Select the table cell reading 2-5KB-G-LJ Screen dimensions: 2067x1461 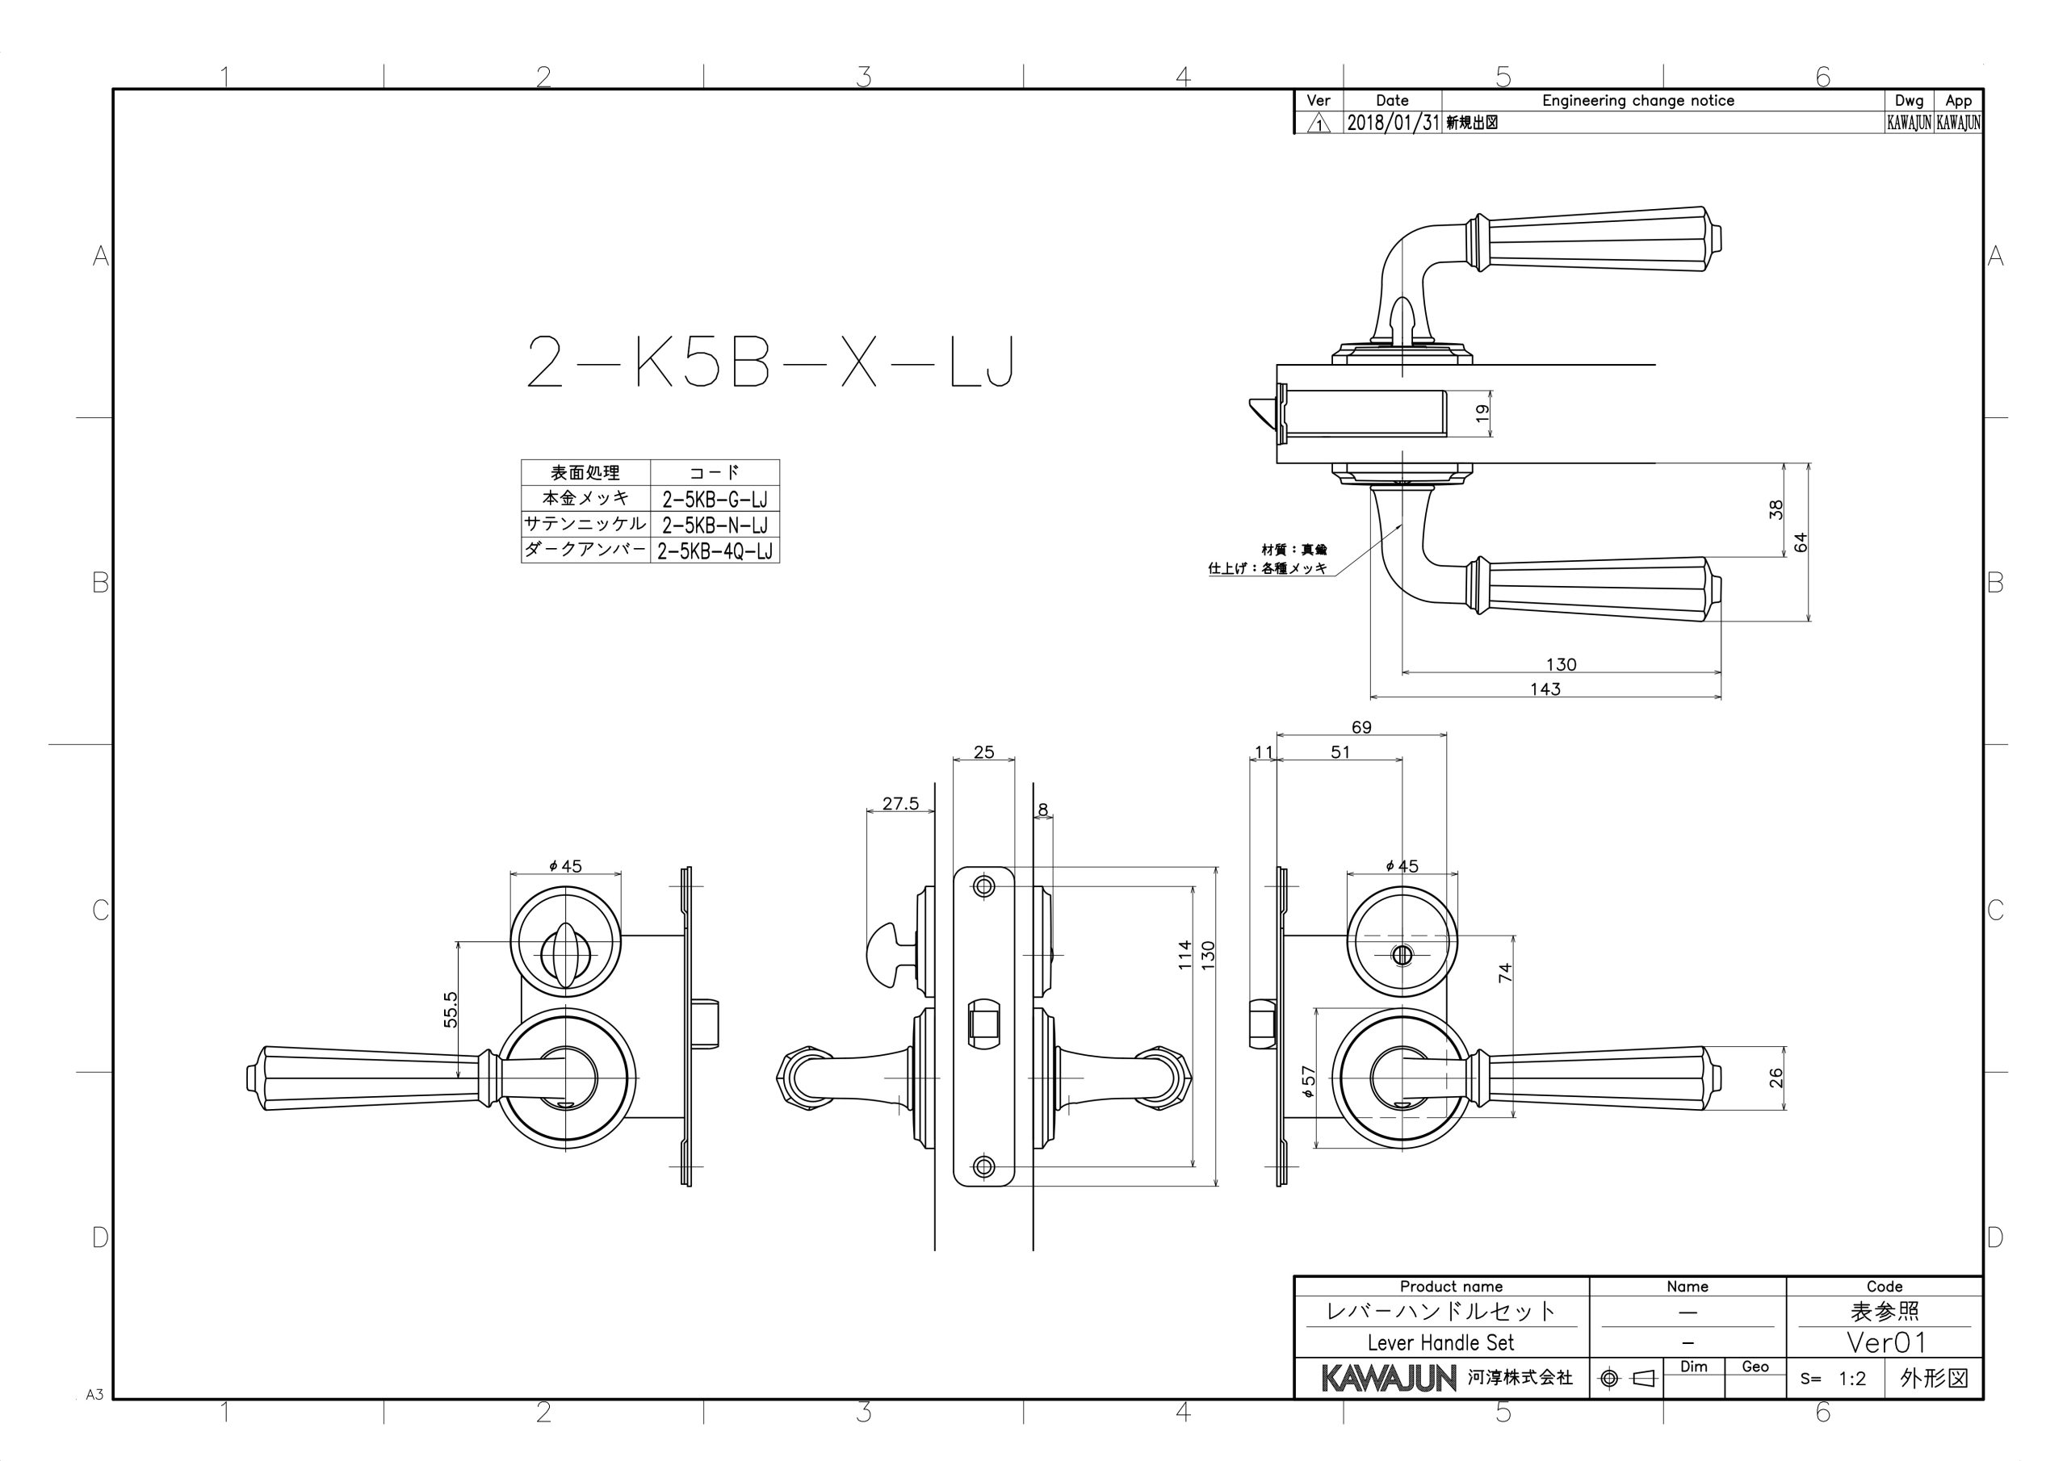[715, 499]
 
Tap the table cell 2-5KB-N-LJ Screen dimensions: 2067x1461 [715, 525]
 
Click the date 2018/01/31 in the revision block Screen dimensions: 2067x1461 [1393, 123]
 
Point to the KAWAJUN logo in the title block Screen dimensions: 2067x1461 [1388, 1377]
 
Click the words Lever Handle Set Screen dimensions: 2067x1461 [1440, 1342]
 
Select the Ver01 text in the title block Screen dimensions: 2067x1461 [1885, 1342]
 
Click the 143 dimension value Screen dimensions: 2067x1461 [1545, 689]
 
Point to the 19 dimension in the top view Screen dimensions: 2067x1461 [1482, 413]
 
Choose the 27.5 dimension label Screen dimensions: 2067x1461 [900, 803]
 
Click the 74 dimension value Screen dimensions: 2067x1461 [1505, 972]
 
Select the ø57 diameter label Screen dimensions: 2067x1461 [1309, 1081]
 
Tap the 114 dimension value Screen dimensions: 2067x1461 [1184, 954]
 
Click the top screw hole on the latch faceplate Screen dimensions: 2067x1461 [984, 886]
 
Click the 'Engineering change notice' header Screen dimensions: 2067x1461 [1637, 101]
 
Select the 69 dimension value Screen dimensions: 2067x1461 [1361, 727]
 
